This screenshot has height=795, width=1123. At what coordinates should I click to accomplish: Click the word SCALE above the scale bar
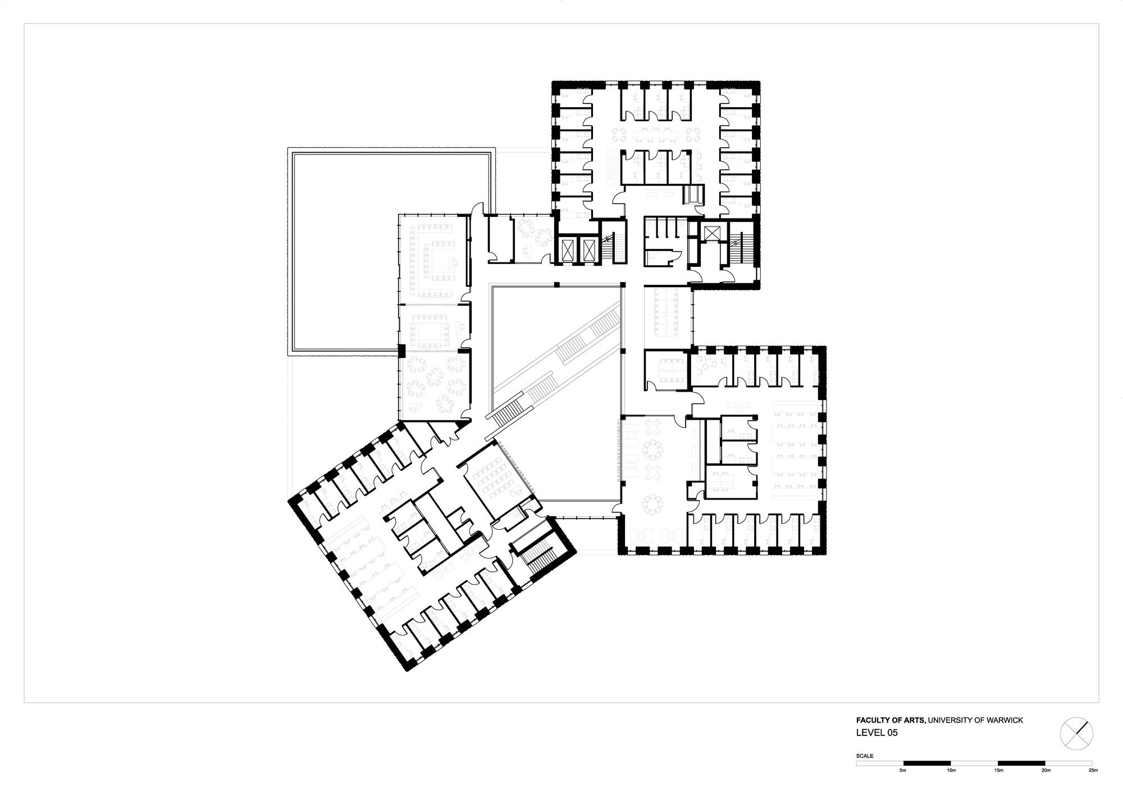865,756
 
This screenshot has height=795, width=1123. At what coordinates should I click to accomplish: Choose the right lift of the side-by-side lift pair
587,247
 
